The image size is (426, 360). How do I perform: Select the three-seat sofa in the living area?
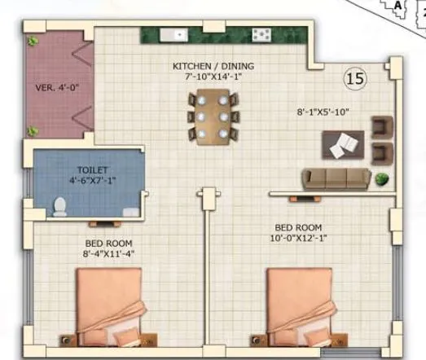[x=336, y=178]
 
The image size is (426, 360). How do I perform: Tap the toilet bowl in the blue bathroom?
[x=58, y=206]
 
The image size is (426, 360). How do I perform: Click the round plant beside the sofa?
[x=382, y=179]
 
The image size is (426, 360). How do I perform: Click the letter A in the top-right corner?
[x=397, y=5]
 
